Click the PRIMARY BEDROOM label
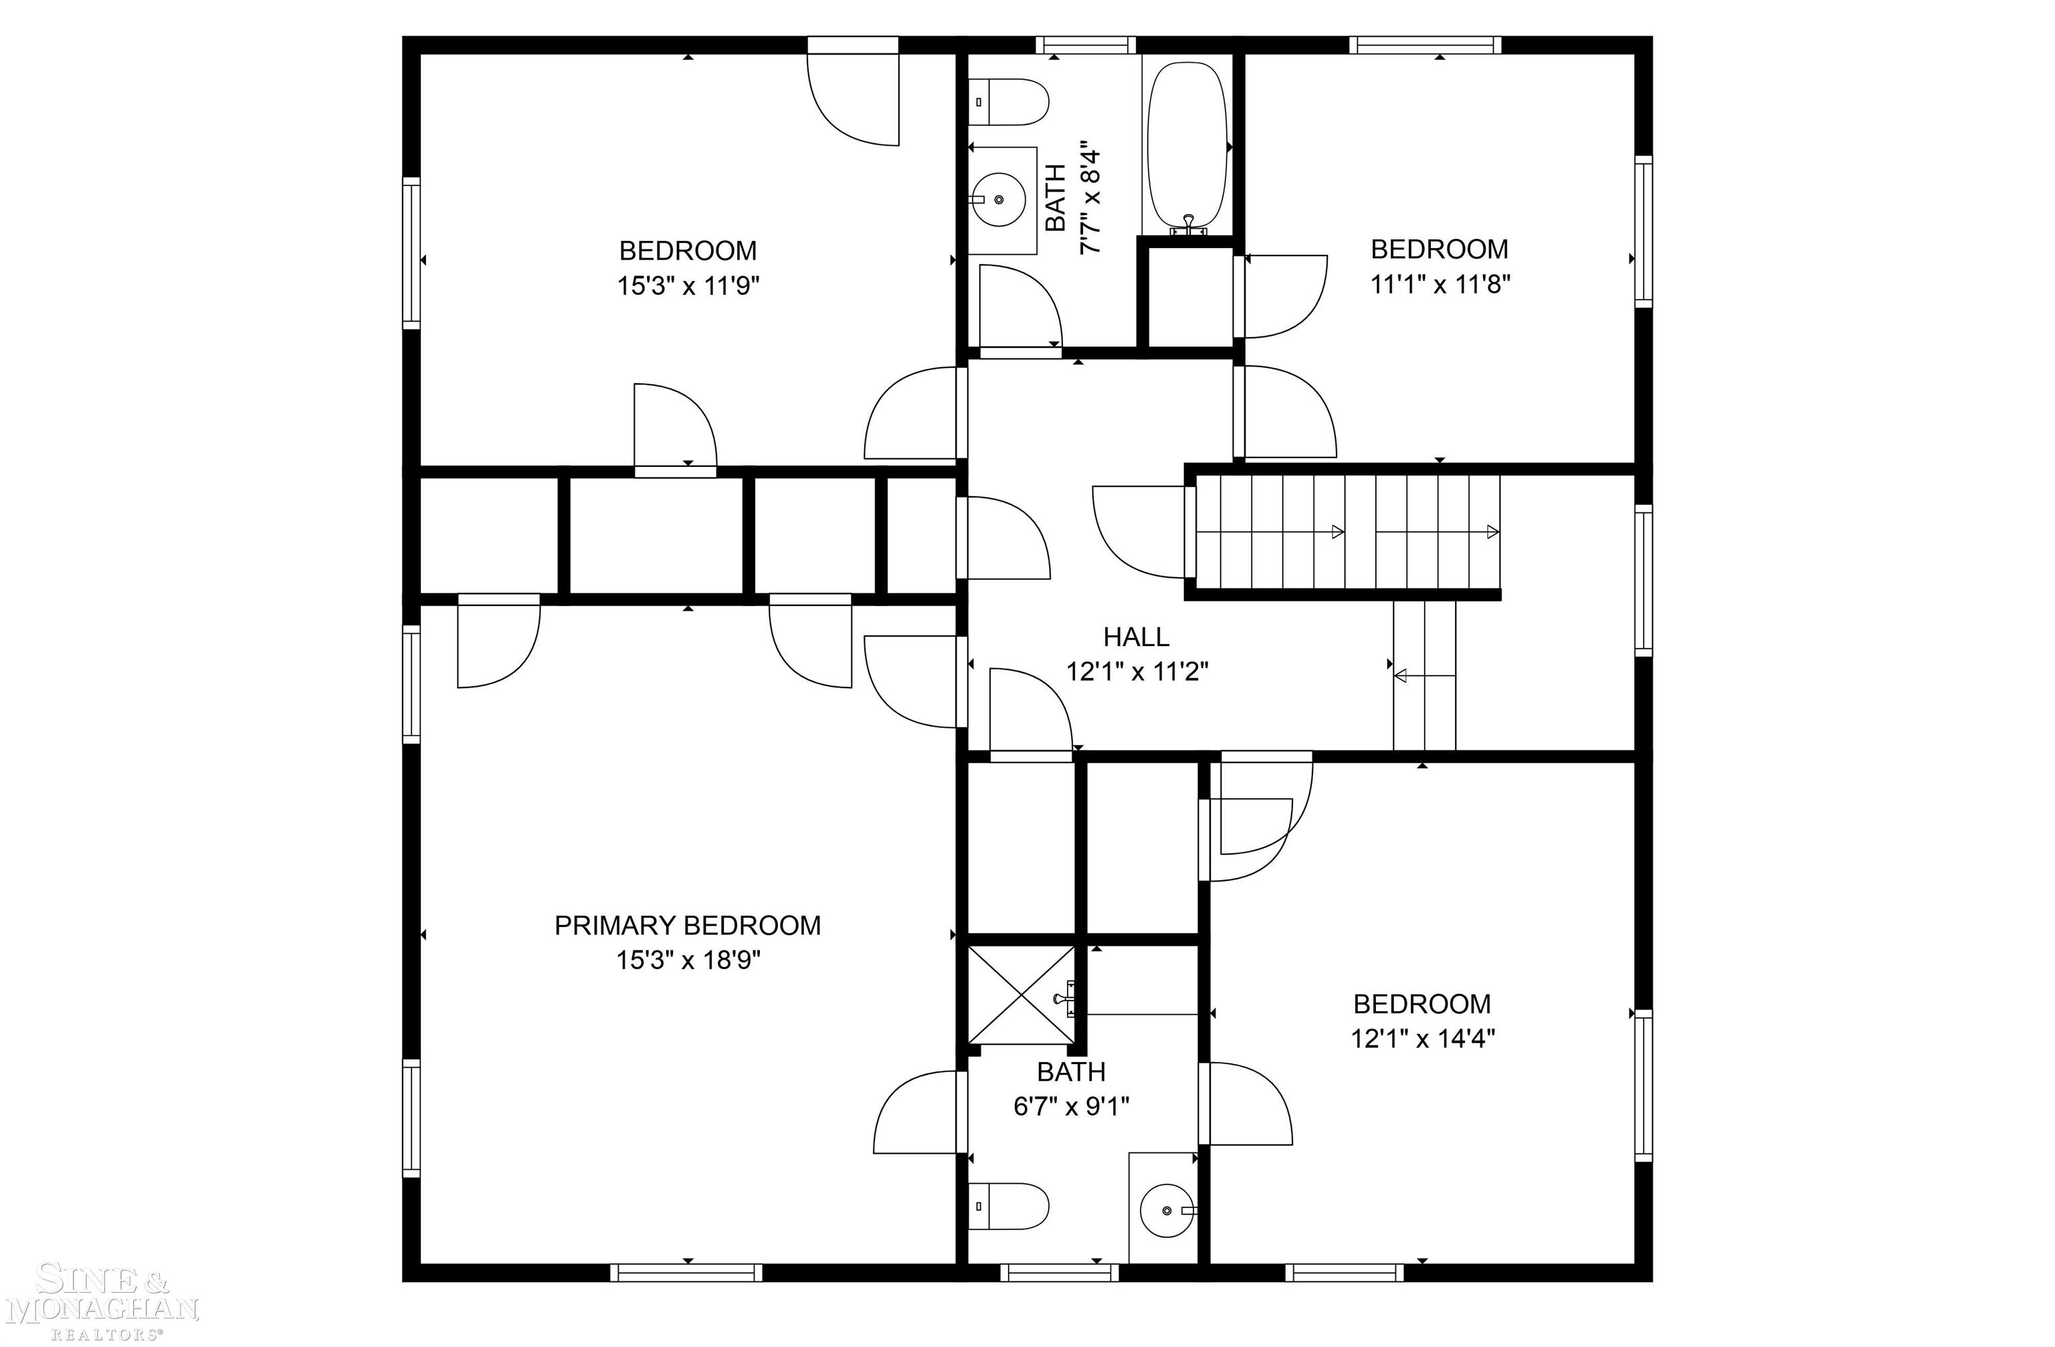687,926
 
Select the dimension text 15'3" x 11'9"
687,286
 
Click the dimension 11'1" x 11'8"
1440,284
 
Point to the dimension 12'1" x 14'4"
1422,1038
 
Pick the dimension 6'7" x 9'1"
1071,1106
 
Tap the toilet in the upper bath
1009,102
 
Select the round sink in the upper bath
1000,199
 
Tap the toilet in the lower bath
1009,1207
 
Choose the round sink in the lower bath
1167,1211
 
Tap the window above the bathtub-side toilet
1084,45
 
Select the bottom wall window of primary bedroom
686,1272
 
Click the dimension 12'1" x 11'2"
1137,671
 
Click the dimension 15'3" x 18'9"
687,960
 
